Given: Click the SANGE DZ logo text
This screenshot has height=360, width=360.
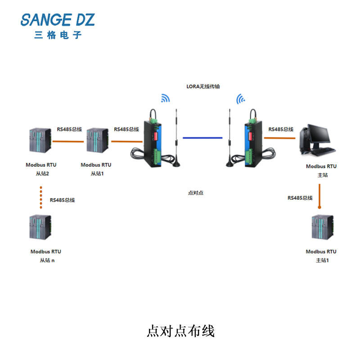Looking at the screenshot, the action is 58,20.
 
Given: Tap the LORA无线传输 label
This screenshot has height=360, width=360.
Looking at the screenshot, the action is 203,86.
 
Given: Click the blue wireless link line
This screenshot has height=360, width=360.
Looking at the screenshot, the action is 202,138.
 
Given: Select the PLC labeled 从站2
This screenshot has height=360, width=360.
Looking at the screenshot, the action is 40,140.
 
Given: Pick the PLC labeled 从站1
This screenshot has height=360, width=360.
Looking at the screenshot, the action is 97,140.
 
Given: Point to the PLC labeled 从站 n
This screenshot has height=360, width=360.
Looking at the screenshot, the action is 40,227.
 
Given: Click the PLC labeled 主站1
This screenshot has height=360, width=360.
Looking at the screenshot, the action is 323,227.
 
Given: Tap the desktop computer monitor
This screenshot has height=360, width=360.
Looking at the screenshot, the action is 319,134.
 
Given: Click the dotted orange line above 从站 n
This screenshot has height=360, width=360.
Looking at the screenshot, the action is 41,198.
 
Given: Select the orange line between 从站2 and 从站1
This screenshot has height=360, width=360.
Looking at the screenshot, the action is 68,141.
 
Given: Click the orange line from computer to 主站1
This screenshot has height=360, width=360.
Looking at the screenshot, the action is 319,196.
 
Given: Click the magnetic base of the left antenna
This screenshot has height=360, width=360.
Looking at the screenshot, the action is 176,163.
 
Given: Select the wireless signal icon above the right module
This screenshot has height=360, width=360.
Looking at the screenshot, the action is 241,99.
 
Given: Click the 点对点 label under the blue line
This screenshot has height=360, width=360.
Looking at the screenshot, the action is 196,193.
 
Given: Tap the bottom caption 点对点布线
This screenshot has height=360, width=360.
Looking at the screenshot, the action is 181,331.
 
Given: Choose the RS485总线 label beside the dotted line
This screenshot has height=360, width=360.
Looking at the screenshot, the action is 62,200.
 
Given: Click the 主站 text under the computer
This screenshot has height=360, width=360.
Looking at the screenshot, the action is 322,175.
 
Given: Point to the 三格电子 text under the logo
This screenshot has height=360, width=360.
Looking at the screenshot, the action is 58,35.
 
